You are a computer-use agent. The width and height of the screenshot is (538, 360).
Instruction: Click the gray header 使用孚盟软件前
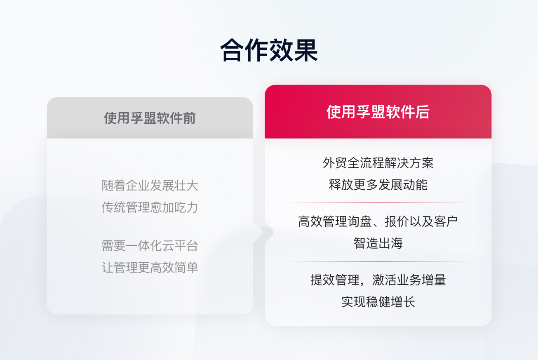(x=150, y=118)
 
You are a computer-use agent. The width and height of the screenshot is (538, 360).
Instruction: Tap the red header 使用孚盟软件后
(x=378, y=112)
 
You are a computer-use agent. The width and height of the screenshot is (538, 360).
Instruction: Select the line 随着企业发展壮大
(x=150, y=186)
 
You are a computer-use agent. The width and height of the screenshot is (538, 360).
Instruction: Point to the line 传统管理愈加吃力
(x=150, y=207)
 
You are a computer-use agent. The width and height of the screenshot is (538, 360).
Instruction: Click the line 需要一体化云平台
(x=150, y=246)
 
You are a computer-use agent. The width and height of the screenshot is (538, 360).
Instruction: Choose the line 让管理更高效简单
(x=150, y=267)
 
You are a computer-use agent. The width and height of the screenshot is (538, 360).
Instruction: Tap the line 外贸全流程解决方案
(x=378, y=163)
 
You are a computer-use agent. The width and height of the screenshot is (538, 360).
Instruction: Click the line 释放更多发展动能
(x=378, y=184)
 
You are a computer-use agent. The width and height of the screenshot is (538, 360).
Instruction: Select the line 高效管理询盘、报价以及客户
(x=378, y=222)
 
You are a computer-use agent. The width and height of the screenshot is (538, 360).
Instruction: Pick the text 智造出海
(x=378, y=243)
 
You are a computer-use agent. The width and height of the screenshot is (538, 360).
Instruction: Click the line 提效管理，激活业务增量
(x=378, y=280)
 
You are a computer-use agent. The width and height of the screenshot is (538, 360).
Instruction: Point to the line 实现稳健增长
(x=378, y=302)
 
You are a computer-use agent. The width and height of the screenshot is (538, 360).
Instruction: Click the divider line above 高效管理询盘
(x=378, y=203)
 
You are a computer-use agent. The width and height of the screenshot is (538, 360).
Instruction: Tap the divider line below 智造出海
(x=378, y=261)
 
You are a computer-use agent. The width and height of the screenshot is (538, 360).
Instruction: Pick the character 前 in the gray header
(x=189, y=118)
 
